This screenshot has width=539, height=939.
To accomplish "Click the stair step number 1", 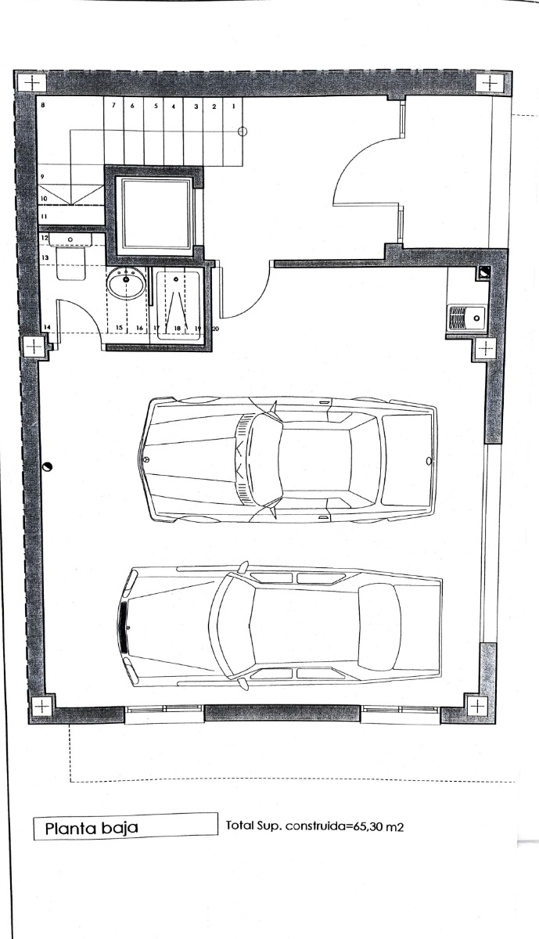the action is (233, 106).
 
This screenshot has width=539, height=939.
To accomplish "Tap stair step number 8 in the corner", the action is (43, 105).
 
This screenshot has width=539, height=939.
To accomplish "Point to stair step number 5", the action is (156, 106).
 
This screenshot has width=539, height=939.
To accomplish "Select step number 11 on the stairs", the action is (44, 217).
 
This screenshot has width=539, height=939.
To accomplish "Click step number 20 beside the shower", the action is (215, 329).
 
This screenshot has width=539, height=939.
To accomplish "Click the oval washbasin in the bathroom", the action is (126, 283).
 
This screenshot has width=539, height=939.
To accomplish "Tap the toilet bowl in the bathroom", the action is (71, 263).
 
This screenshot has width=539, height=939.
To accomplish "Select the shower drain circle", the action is (176, 279).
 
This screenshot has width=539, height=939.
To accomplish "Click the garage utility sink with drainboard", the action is (467, 318).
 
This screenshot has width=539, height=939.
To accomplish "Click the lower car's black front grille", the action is (124, 628).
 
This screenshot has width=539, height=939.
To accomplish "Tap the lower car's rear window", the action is (379, 624).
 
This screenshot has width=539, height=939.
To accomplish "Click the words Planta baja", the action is (92, 829).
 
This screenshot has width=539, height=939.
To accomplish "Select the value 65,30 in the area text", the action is (365, 826).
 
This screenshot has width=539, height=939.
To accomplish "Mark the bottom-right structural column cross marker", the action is (477, 707).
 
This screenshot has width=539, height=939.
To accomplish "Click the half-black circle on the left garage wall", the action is (48, 466).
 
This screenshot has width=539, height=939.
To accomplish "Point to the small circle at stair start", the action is (243, 131).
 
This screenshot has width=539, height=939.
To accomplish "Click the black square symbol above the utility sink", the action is (483, 272).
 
